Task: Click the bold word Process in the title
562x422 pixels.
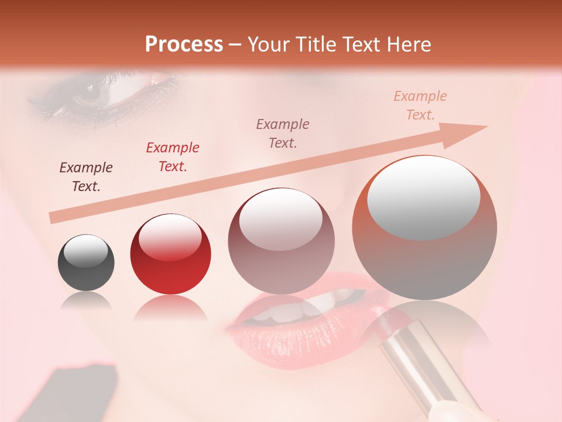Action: point(184,45)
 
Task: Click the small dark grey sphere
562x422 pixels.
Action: point(86,263)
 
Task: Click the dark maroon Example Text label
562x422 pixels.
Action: point(86,177)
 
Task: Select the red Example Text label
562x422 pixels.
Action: point(173,157)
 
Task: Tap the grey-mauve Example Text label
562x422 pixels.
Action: point(283,134)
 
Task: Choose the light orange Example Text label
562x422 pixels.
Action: point(420,105)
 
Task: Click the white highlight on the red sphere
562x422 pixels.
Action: point(170,237)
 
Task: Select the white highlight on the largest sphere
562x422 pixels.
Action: point(423,197)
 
